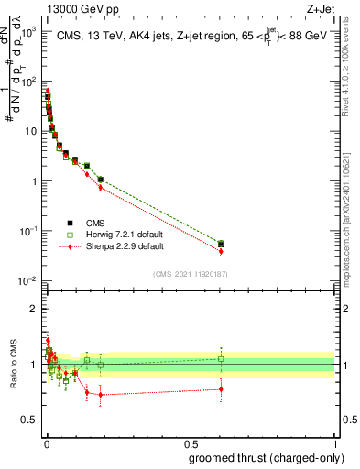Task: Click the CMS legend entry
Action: pos(95,221)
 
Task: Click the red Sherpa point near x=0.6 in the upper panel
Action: pos(221,251)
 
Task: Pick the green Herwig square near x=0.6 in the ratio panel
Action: pos(221,358)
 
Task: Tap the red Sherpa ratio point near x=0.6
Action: pos(221,389)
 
